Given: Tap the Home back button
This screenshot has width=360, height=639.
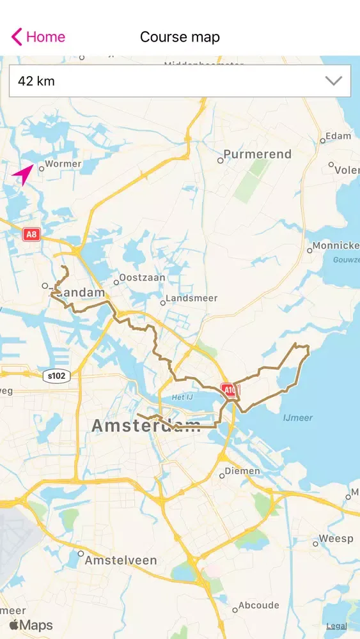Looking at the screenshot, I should (38, 37).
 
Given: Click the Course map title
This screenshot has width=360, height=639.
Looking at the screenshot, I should (180, 37).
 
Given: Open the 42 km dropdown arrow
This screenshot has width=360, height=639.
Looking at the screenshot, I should (334, 81).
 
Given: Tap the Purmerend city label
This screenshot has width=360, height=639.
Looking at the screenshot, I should (258, 155).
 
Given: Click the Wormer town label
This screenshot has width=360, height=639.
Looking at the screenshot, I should (63, 164).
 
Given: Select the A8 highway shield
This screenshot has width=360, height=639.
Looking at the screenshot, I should (31, 235).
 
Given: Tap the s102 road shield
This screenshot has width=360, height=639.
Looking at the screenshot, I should (56, 376).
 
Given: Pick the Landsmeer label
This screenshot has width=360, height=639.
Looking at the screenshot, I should (192, 298).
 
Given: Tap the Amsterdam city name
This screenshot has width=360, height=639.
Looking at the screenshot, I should (146, 426).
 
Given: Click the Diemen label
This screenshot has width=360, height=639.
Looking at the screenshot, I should (243, 472).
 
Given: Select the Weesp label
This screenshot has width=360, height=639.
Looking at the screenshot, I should (336, 539).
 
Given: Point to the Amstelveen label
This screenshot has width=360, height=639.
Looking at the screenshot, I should (121, 560).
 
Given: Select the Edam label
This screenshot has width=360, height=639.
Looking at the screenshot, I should (338, 136).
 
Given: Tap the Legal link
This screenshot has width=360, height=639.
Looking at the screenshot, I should (336, 626).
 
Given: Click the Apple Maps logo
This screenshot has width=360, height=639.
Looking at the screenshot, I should (31, 626).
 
